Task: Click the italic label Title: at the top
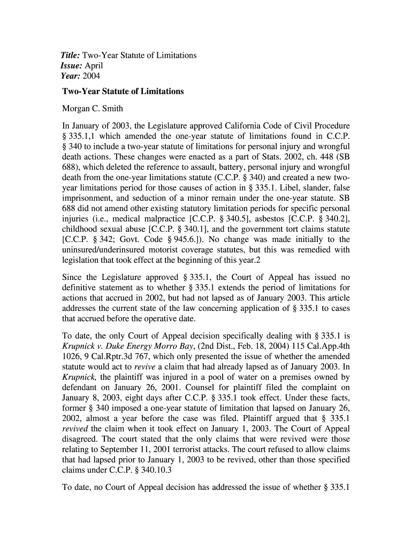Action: click(x=72, y=56)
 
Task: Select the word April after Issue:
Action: click(x=95, y=66)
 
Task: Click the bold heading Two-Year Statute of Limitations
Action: click(x=123, y=91)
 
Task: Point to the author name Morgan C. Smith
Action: click(x=93, y=108)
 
